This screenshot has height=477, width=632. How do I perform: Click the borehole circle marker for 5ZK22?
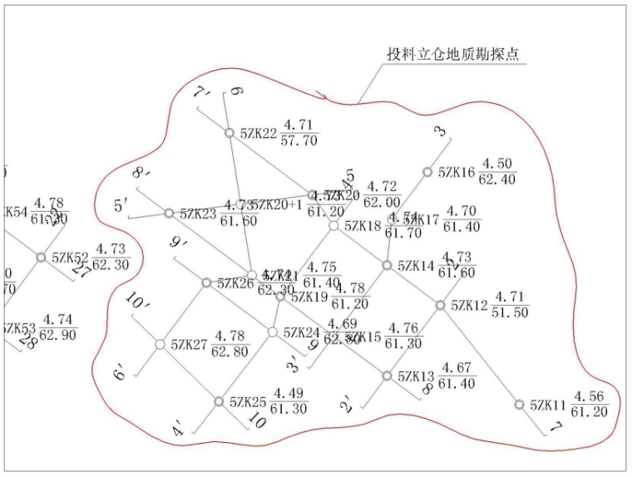[230, 132]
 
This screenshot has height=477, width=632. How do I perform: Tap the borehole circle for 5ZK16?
[427, 172]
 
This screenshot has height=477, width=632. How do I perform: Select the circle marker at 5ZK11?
[520, 405]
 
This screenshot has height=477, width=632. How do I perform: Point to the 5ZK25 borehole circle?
[219, 401]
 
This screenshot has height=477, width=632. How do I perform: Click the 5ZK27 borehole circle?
[160, 343]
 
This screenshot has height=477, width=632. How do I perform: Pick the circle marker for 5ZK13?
[387, 376]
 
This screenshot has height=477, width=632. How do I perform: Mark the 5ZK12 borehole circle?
[441, 305]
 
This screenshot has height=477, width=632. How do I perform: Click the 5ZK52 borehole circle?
[41, 258]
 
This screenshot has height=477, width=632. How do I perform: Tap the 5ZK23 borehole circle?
[169, 214]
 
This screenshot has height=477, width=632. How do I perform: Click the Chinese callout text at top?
[452, 54]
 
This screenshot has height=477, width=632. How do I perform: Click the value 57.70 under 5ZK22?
[299, 141]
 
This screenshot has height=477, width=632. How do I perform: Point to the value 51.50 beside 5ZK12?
[510, 312]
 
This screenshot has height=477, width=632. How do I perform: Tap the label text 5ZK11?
[548, 406]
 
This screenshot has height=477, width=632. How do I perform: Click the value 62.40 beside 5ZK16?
[497, 179]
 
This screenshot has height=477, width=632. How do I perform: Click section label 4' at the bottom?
[179, 431]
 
